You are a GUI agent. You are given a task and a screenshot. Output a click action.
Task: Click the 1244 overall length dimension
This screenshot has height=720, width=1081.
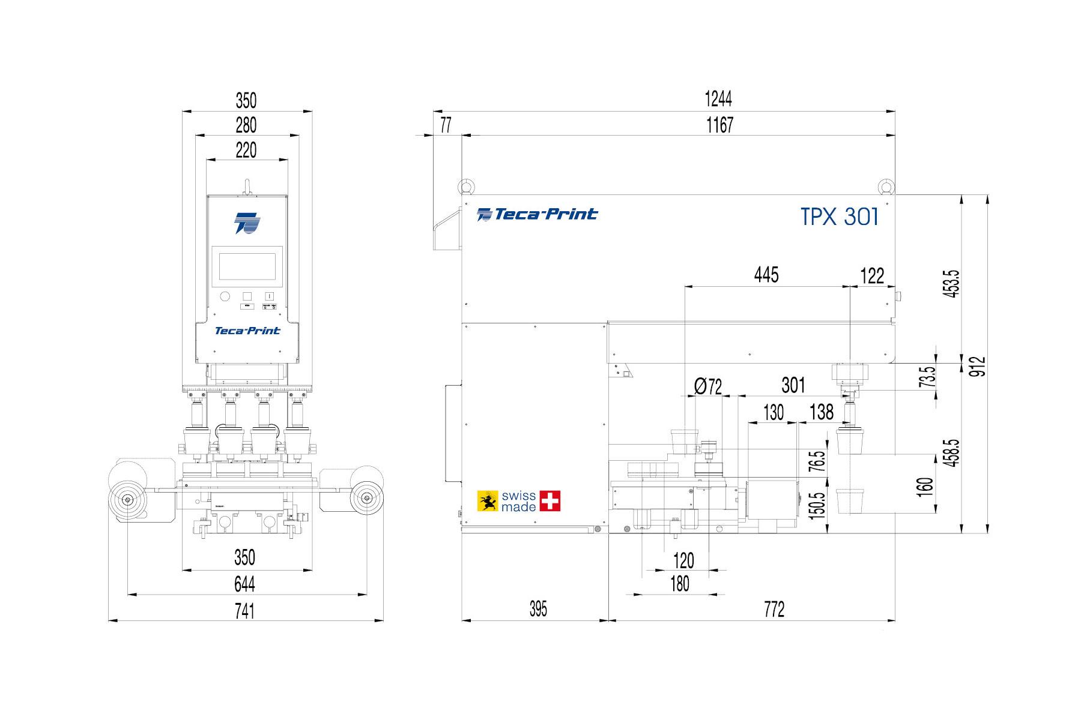point(719,98)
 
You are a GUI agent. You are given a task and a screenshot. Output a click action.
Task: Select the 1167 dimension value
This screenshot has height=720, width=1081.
point(719,125)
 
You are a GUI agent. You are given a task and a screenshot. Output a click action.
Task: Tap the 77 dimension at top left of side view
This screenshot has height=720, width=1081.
point(446,125)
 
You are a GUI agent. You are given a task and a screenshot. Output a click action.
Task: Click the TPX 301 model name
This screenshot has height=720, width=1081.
point(840,217)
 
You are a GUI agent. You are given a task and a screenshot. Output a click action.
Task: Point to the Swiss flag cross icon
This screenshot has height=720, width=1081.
point(550,501)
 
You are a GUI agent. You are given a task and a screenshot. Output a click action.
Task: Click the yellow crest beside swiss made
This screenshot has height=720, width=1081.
point(488,501)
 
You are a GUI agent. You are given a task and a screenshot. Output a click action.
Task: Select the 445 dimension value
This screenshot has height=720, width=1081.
point(766,275)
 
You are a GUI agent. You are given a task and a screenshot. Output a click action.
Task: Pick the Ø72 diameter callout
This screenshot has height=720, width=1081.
point(708,386)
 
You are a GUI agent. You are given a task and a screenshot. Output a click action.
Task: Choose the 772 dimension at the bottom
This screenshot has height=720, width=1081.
point(774,610)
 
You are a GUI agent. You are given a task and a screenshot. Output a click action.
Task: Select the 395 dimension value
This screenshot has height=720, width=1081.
point(538,610)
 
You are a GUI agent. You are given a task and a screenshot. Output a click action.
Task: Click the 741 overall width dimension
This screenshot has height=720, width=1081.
point(245,611)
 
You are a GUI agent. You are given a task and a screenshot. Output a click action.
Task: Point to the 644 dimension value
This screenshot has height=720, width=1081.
point(245,583)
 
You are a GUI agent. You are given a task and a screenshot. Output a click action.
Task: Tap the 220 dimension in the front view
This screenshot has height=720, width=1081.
point(246,150)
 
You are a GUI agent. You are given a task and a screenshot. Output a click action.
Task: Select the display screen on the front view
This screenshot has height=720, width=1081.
point(247,266)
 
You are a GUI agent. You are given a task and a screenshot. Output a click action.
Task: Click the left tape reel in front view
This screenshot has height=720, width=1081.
point(127,499)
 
